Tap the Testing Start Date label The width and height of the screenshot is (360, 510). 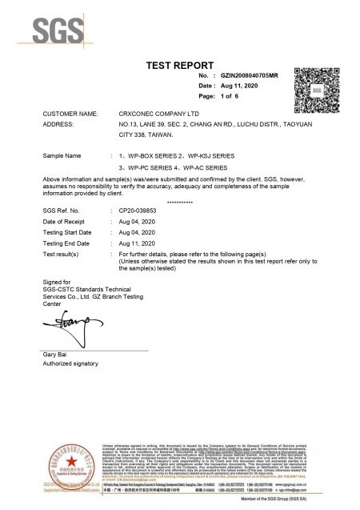[x=69, y=231]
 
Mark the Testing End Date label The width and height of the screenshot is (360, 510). [x=68, y=241]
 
